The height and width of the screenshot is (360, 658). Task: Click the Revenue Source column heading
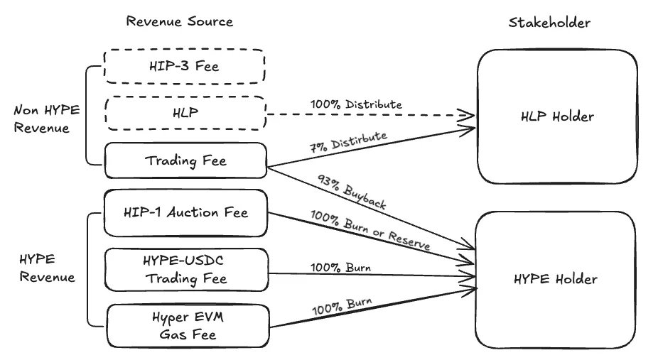(179, 21)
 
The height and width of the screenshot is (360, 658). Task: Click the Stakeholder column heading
(549, 22)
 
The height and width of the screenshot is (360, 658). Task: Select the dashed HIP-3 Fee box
(185, 67)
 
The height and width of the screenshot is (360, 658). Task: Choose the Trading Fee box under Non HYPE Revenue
(185, 161)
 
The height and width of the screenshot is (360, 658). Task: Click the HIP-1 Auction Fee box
(185, 212)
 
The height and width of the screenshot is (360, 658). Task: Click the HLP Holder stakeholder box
(557, 116)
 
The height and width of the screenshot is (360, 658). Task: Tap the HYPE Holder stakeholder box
(557, 279)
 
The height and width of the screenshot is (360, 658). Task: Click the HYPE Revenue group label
(44, 268)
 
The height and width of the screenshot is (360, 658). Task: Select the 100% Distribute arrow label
(356, 104)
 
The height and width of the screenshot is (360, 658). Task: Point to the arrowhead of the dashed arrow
(470, 114)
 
